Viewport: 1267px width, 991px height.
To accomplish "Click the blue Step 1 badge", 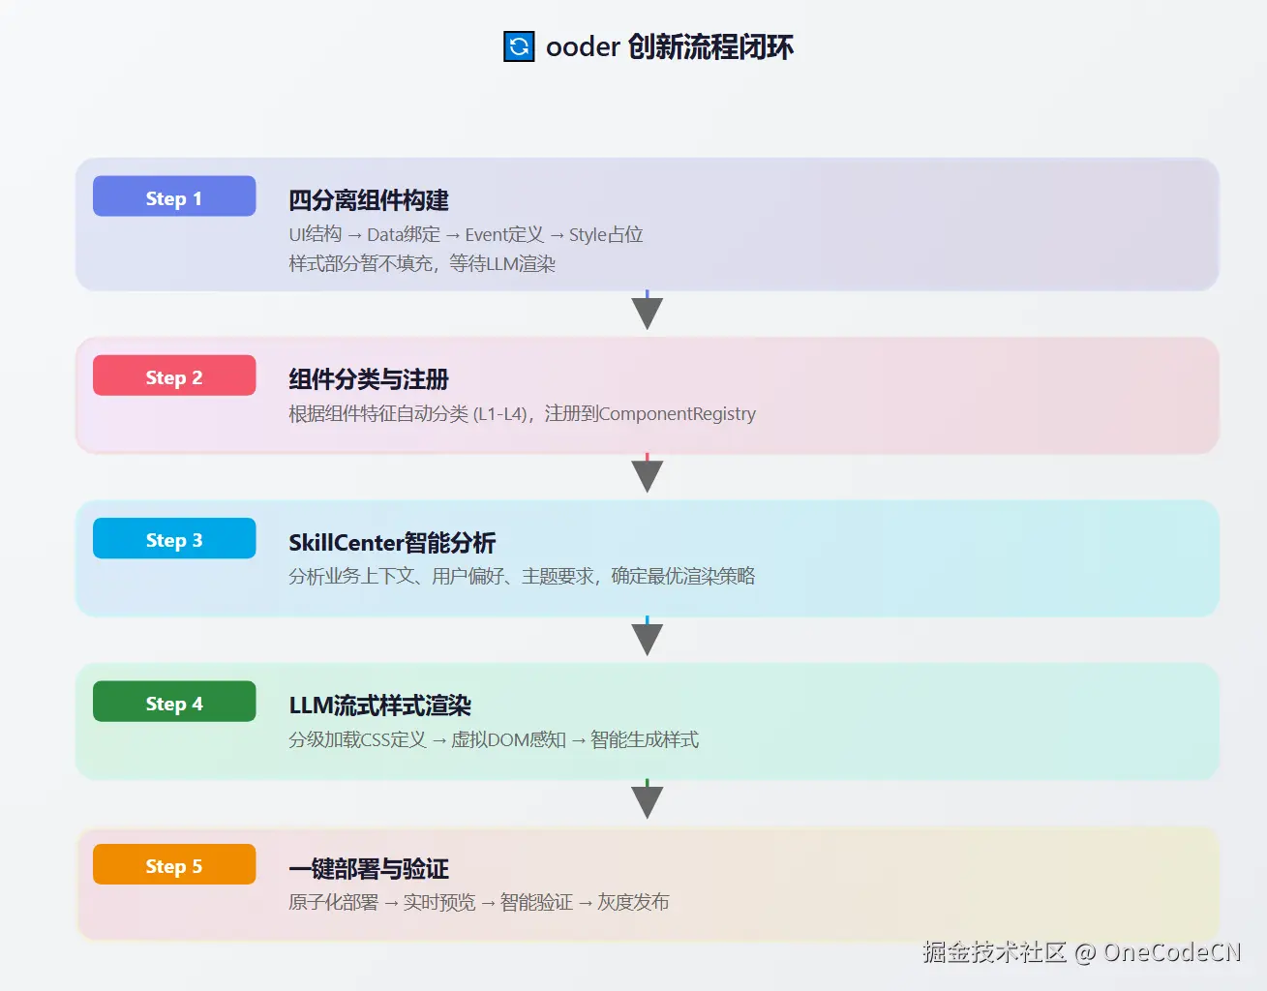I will (x=174, y=196).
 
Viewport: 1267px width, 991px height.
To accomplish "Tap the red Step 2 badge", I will (x=174, y=375).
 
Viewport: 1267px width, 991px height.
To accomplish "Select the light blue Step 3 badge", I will (x=174, y=539).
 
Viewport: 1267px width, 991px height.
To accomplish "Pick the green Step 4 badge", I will (x=174, y=703).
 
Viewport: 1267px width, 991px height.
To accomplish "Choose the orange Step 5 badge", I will (x=174, y=865).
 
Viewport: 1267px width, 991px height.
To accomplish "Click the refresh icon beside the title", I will (x=519, y=46).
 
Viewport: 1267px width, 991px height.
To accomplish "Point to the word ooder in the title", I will (x=583, y=46).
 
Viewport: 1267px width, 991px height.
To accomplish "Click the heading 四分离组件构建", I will (x=369, y=200).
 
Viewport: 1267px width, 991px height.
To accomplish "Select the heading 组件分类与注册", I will (x=369, y=379).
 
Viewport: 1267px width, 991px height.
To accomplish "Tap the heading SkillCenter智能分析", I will (x=392, y=543).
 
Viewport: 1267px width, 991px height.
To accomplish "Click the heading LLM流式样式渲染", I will (x=379, y=706).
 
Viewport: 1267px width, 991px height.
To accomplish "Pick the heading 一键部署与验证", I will (x=369, y=869).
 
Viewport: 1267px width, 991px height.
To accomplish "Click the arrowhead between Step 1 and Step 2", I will (x=647, y=313).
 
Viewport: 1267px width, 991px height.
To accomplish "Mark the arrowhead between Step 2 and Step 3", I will (x=647, y=475).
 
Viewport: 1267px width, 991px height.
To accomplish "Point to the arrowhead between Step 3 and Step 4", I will (x=647, y=639).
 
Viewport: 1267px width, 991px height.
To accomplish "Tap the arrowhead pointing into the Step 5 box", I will (x=647, y=801).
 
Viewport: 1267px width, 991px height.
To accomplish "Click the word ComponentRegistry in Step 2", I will (x=678, y=414).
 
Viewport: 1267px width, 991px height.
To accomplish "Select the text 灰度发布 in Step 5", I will (x=633, y=902).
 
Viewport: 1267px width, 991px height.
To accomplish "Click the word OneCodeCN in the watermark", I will (x=1171, y=952).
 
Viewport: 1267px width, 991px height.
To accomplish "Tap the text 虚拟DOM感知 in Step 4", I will (x=508, y=740).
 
